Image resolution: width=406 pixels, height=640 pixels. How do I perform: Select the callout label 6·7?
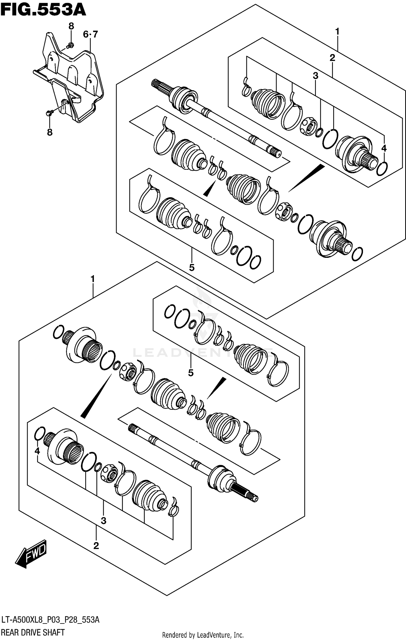coord(90,35)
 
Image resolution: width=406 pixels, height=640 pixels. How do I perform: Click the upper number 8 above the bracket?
coord(71,26)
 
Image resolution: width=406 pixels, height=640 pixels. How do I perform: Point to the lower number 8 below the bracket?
coord(50,132)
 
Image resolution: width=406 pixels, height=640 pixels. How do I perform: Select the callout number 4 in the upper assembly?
coord(384,148)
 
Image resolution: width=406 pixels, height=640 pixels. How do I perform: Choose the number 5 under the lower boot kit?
coord(191,373)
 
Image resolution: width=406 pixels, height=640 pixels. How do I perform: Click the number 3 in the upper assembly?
coord(315,76)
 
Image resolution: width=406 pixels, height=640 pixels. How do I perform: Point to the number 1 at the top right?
coord(337,32)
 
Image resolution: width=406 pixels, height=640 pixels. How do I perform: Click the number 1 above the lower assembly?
coord(93,279)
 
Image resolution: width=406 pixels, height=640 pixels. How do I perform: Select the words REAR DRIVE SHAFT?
coord(33,632)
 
